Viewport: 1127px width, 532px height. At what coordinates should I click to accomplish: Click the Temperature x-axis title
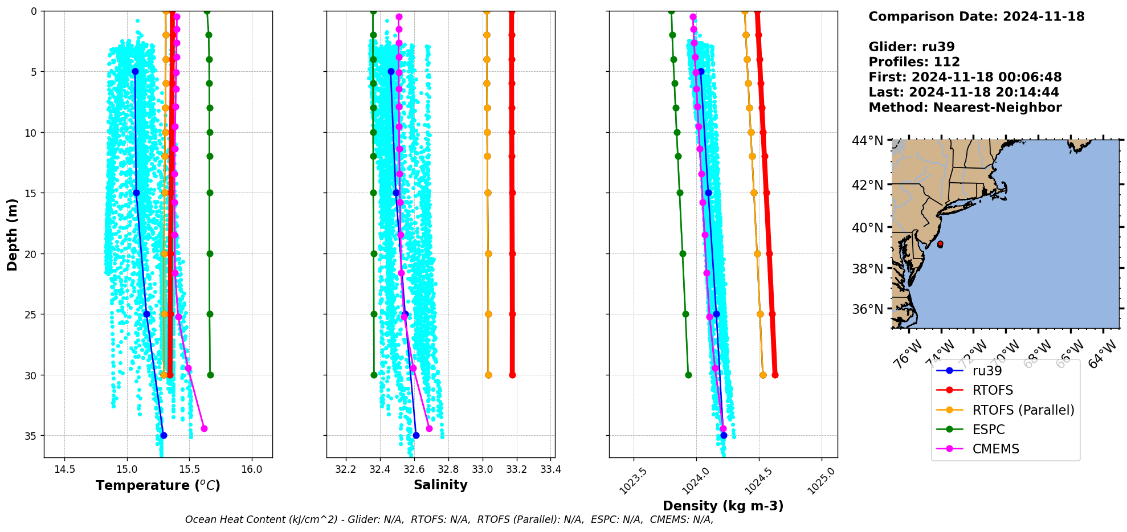pos(158,485)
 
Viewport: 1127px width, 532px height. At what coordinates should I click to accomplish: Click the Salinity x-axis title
pos(440,485)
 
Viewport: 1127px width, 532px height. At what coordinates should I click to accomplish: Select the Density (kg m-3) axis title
pos(723,506)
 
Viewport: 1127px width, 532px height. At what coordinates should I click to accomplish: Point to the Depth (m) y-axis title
pos(13,234)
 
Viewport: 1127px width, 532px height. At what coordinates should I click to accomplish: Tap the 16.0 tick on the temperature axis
pos(252,469)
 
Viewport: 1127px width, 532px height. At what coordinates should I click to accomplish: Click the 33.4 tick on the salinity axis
pos(551,469)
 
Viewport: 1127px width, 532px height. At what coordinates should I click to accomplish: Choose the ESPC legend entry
pos(988,429)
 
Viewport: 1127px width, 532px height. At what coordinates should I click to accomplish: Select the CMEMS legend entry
pos(995,449)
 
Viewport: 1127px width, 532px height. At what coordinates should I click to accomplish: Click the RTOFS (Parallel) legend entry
pos(1023,410)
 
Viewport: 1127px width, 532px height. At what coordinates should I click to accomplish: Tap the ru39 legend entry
pos(987,371)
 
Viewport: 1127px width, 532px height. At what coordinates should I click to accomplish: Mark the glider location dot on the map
pos(940,244)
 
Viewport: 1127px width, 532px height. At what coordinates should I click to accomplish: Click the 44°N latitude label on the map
pos(867,141)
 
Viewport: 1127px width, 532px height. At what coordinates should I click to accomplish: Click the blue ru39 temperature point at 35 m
pos(164,435)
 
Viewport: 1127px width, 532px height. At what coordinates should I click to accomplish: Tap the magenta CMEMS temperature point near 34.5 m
pos(204,428)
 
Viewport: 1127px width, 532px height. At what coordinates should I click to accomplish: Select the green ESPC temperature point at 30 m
pos(210,375)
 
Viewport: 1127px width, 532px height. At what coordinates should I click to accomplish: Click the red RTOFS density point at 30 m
pos(775,375)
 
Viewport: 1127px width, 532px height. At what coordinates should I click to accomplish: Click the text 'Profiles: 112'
pos(914,62)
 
